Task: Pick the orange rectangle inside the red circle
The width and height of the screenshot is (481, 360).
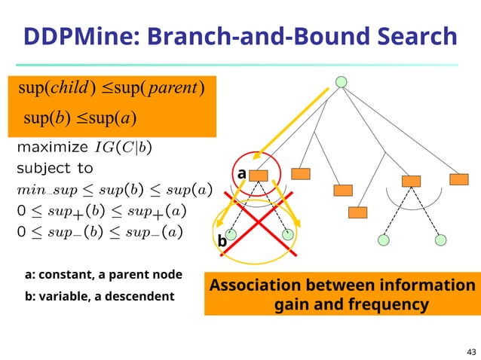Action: [259, 175]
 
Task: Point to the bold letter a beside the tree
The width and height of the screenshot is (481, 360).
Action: [241, 174]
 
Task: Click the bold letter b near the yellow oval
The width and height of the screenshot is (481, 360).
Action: [222, 243]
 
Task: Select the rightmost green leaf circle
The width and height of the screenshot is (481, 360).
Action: [441, 240]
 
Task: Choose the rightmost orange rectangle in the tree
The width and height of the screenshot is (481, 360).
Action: [458, 179]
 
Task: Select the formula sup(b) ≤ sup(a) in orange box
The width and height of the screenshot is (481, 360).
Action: [79, 118]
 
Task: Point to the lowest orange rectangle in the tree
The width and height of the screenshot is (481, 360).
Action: [357, 212]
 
